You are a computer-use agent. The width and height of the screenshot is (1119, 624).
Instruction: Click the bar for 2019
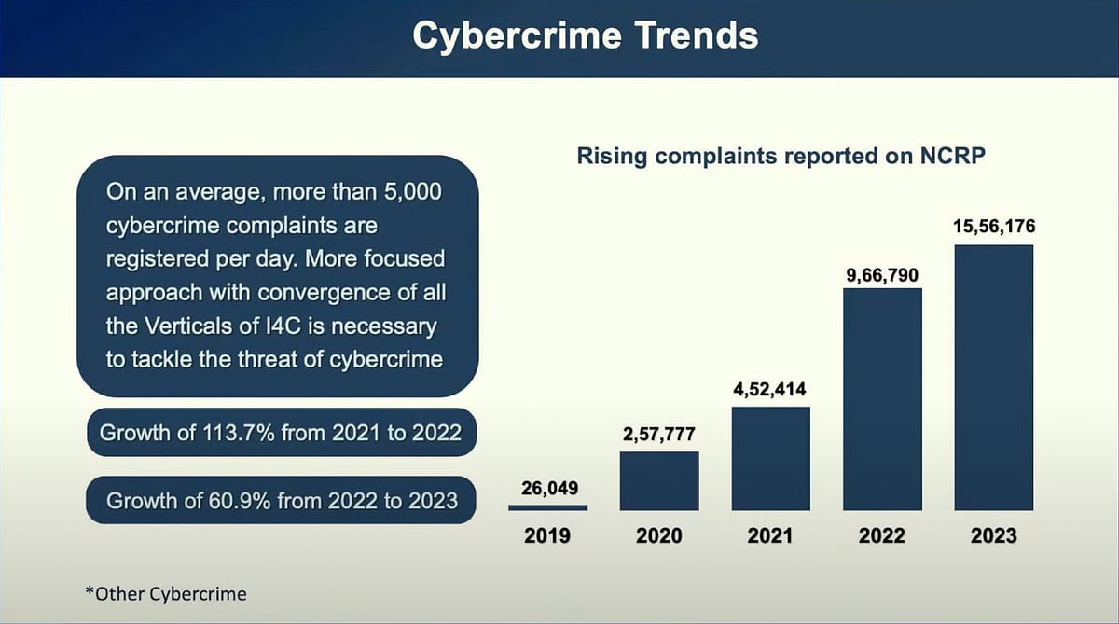(x=547, y=507)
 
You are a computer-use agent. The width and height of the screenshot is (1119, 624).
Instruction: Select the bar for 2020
(x=659, y=480)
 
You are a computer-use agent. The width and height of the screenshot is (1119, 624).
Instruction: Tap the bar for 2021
(x=770, y=458)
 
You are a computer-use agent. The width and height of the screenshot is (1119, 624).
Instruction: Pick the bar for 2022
(x=882, y=399)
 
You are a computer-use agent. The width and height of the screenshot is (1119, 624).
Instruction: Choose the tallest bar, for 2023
(x=994, y=377)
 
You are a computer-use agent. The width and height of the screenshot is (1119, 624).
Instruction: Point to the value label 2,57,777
(x=659, y=435)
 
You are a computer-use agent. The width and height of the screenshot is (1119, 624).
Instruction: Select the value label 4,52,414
(x=770, y=389)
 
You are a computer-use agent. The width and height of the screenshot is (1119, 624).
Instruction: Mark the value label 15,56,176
(x=993, y=227)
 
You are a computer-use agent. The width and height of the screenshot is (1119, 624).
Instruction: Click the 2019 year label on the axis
(x=547, y=536)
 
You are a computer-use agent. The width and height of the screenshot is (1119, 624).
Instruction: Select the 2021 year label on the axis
(x=770, y=536)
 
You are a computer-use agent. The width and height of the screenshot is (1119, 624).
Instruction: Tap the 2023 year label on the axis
(x=993, y=536)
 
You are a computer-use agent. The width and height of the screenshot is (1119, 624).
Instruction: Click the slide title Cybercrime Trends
(x=586, y=35)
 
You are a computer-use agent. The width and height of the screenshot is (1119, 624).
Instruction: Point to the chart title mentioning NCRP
(x=781, y=155)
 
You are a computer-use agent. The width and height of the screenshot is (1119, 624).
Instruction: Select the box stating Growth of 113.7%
(x=280, y=433)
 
